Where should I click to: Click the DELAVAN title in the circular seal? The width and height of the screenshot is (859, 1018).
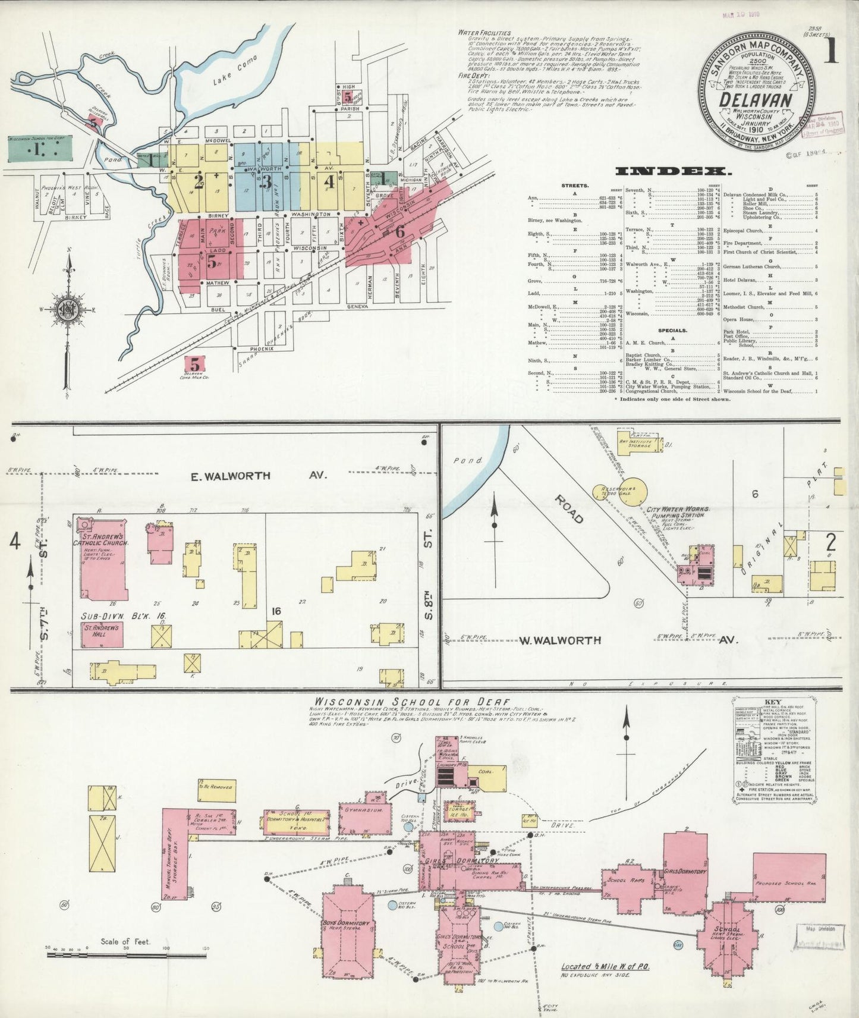[x=756, y=99]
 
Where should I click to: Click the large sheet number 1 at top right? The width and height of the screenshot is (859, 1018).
[x=830, y=50]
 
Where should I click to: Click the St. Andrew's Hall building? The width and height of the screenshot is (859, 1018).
[x=102, y=634]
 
